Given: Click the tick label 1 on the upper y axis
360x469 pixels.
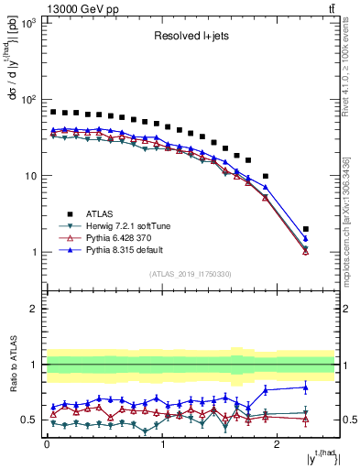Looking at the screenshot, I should click(33, 253).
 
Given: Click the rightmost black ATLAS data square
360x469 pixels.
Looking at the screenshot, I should click(305, 229).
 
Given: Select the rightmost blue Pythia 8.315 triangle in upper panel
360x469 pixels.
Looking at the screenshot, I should click(305, 238).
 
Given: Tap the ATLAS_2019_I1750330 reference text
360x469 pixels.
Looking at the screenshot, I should click(190, 274).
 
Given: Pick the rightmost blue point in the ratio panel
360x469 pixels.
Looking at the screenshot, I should click(305, 387).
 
